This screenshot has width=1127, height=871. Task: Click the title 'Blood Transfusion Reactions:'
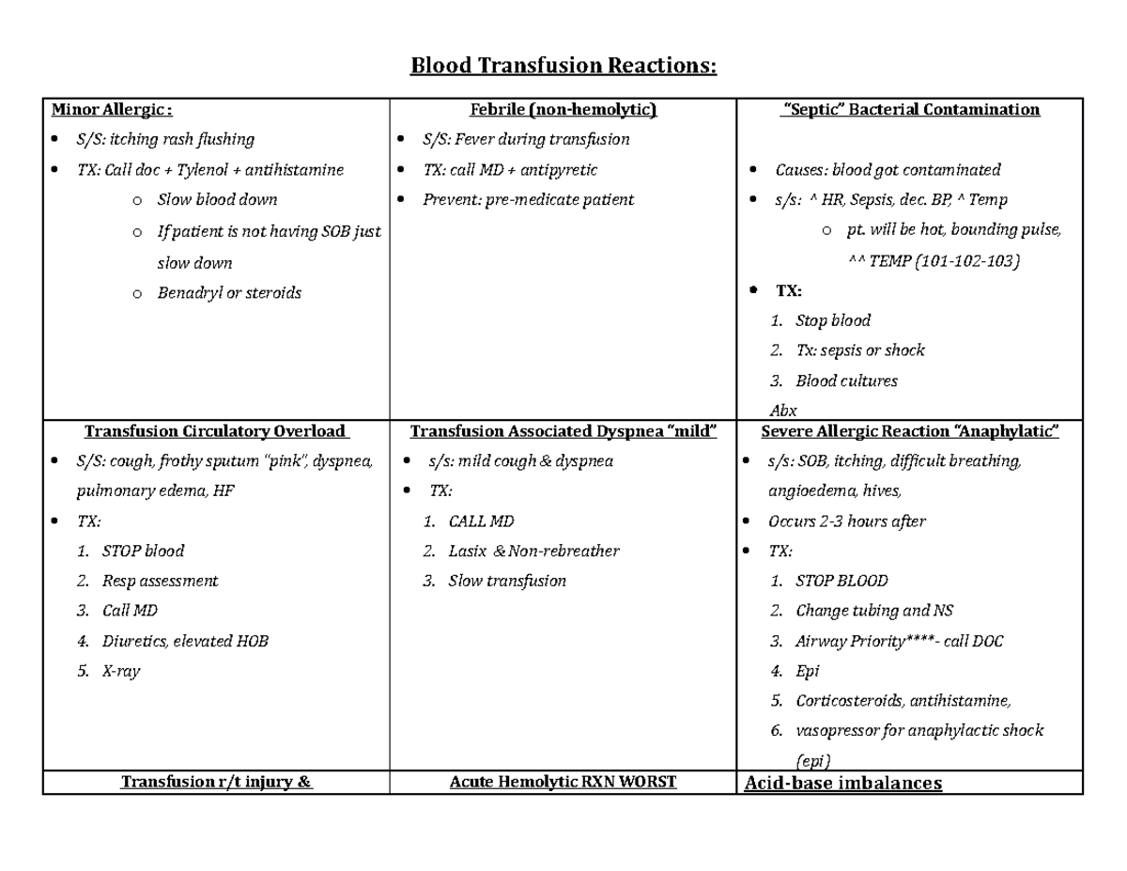(563, 67)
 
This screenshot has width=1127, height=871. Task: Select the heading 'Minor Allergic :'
(112, 110)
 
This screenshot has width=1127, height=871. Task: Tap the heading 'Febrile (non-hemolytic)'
(563, 110)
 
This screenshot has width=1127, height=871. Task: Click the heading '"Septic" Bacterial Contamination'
(910, 110)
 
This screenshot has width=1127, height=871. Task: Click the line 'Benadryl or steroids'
(229, 293)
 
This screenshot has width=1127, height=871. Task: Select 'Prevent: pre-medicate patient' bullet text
(528, 200)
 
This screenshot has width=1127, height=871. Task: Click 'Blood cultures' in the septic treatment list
(846, 381)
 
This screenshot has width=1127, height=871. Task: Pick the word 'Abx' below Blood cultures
(782, 411)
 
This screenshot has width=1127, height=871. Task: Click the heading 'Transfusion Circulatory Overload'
(215, 432)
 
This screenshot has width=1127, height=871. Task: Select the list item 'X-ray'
(120, 672)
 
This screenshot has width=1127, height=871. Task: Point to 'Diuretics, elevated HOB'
(184, 642)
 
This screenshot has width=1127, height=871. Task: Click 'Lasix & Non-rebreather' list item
(533, 552)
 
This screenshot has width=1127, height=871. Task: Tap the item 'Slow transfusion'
(507, 582)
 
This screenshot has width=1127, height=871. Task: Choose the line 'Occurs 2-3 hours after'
(846, 521)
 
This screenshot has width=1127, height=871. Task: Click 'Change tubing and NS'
(873, 611)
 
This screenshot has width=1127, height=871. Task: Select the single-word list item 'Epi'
(807, 671)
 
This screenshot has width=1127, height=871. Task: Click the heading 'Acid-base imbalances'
(842, 784)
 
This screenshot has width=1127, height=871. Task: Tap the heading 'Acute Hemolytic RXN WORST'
(563, 782)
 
